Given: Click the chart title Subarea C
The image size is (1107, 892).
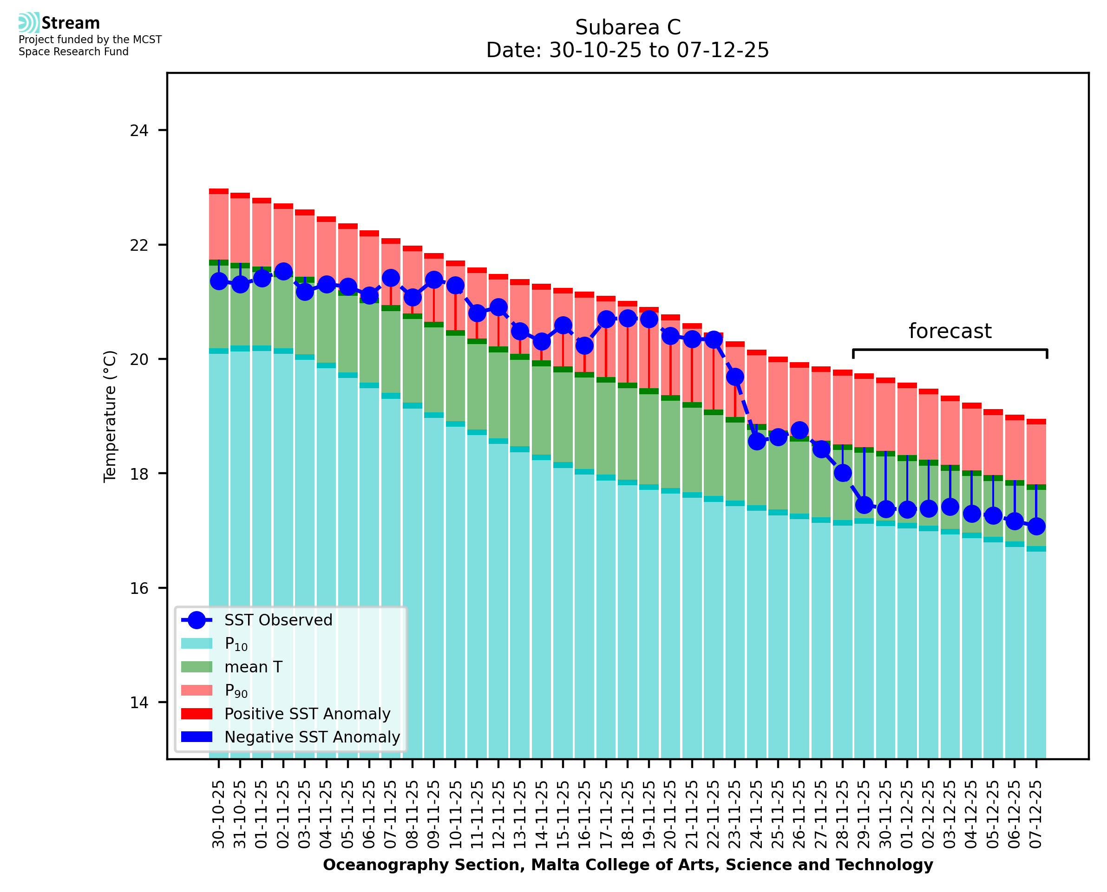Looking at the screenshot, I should [628, 27].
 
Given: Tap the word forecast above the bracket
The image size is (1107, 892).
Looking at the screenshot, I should [950, 331].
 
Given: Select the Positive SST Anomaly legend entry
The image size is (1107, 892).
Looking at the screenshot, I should [307, 714].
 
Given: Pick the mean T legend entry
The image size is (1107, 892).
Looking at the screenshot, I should [253, 667].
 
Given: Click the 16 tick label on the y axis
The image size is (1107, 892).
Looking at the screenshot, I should [139, 588].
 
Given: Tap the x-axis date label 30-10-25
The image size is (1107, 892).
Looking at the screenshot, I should [219, 815].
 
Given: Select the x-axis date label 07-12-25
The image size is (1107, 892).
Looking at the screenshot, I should [1036, 815].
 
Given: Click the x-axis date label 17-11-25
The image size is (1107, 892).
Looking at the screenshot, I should [606, 815].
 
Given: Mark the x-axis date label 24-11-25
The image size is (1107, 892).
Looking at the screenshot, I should [756, 815].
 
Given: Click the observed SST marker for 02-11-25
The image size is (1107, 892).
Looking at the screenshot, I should [284, 272].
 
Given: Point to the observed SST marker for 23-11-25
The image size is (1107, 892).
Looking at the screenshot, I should [735, 377].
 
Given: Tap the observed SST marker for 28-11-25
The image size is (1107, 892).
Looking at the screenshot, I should [843, 473].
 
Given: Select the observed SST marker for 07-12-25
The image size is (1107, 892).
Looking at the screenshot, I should [1036, 526].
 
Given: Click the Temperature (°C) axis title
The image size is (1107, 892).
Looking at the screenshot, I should [110, 416].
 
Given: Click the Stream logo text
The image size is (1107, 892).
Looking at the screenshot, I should [71, 23].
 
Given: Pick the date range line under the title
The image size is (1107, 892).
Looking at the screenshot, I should [628, 50].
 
